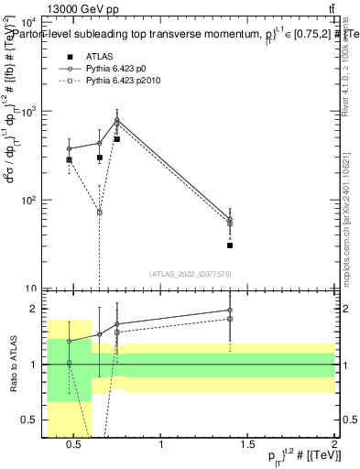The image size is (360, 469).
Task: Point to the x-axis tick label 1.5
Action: coord(247,446)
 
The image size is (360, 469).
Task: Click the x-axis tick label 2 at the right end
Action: coord(333,446)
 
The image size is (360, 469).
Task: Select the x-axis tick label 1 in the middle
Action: coord(162,446)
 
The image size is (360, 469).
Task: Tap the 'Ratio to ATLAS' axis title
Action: coord(13,365)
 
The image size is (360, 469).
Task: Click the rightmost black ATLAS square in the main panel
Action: coord(230,245)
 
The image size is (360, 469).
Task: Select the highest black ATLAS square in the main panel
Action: coord(117,139)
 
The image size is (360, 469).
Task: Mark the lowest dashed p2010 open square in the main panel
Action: coord(99,212)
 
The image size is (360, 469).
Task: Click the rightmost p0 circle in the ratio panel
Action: coord(230,310)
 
